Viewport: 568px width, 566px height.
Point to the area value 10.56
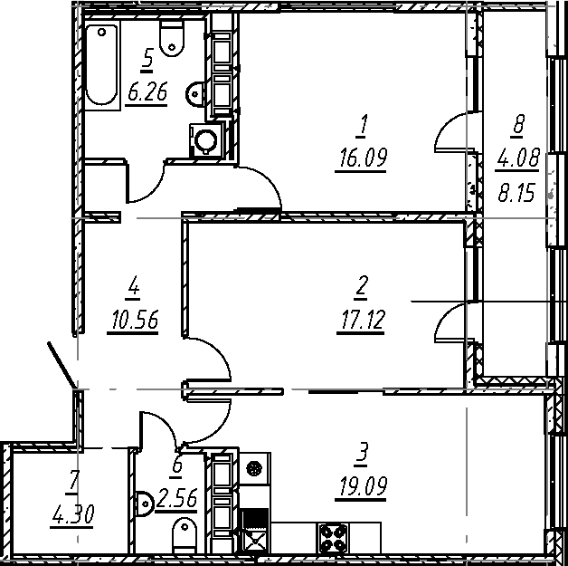(134, 321)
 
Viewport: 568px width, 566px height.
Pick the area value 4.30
(73, 516)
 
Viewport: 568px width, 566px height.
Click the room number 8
(519, 127)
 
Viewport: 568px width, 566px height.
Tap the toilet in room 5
(171, 37)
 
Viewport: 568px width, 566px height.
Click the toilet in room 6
(185, 534)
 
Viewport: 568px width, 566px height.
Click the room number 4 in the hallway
(134, 288)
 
